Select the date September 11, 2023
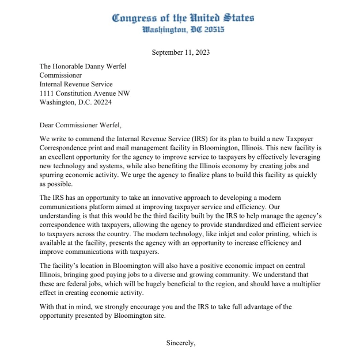pyautogui.click(x=181, y=52)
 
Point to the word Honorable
pyautogui.click(x=70, y=66)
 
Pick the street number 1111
pyautogui.click(x=48, y=94)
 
